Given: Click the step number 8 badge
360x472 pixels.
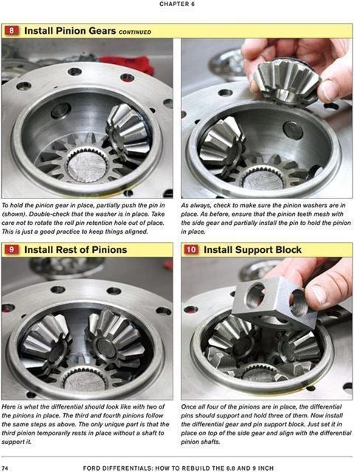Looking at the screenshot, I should tap(13, 31).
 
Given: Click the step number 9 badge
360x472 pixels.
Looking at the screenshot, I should tap(13, 250).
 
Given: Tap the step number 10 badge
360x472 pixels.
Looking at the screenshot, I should tap(191, 250).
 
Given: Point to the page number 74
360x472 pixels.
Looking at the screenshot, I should tap(6, 467).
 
